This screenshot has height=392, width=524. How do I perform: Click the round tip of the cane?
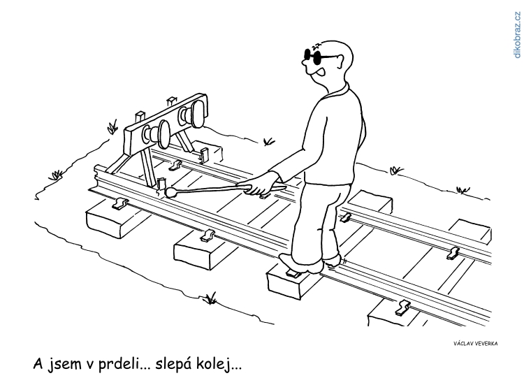tap(170, 192)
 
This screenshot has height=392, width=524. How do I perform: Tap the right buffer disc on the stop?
tap(198, 114)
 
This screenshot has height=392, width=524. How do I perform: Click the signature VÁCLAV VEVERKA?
tap(475, 344)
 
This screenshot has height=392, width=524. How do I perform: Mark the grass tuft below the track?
tap(210, 298)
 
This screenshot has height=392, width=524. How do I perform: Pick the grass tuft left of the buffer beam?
tap(112, 126)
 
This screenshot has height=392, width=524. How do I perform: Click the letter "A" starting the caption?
tap(38, 363)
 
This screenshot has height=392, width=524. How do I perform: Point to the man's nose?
tap(305, 62)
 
